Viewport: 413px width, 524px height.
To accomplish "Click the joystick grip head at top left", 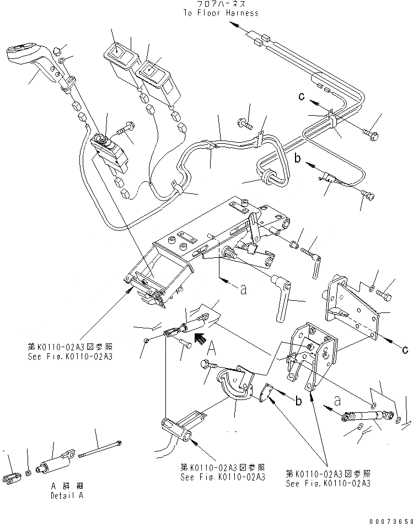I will pyautogui.click(x=23, y=55).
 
